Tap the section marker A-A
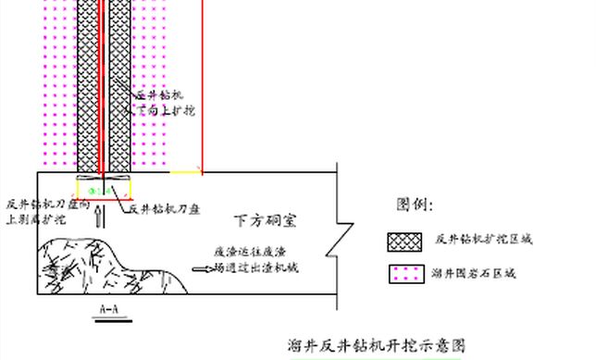tap(108, 309)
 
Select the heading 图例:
tap(414, 204)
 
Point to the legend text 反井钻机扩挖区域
tap(483, 240)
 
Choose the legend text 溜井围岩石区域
tap(474, 274)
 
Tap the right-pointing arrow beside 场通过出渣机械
tap(201, 269)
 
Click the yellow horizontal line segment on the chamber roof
tap(185, 172)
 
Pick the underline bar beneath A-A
tap(108, 319)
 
